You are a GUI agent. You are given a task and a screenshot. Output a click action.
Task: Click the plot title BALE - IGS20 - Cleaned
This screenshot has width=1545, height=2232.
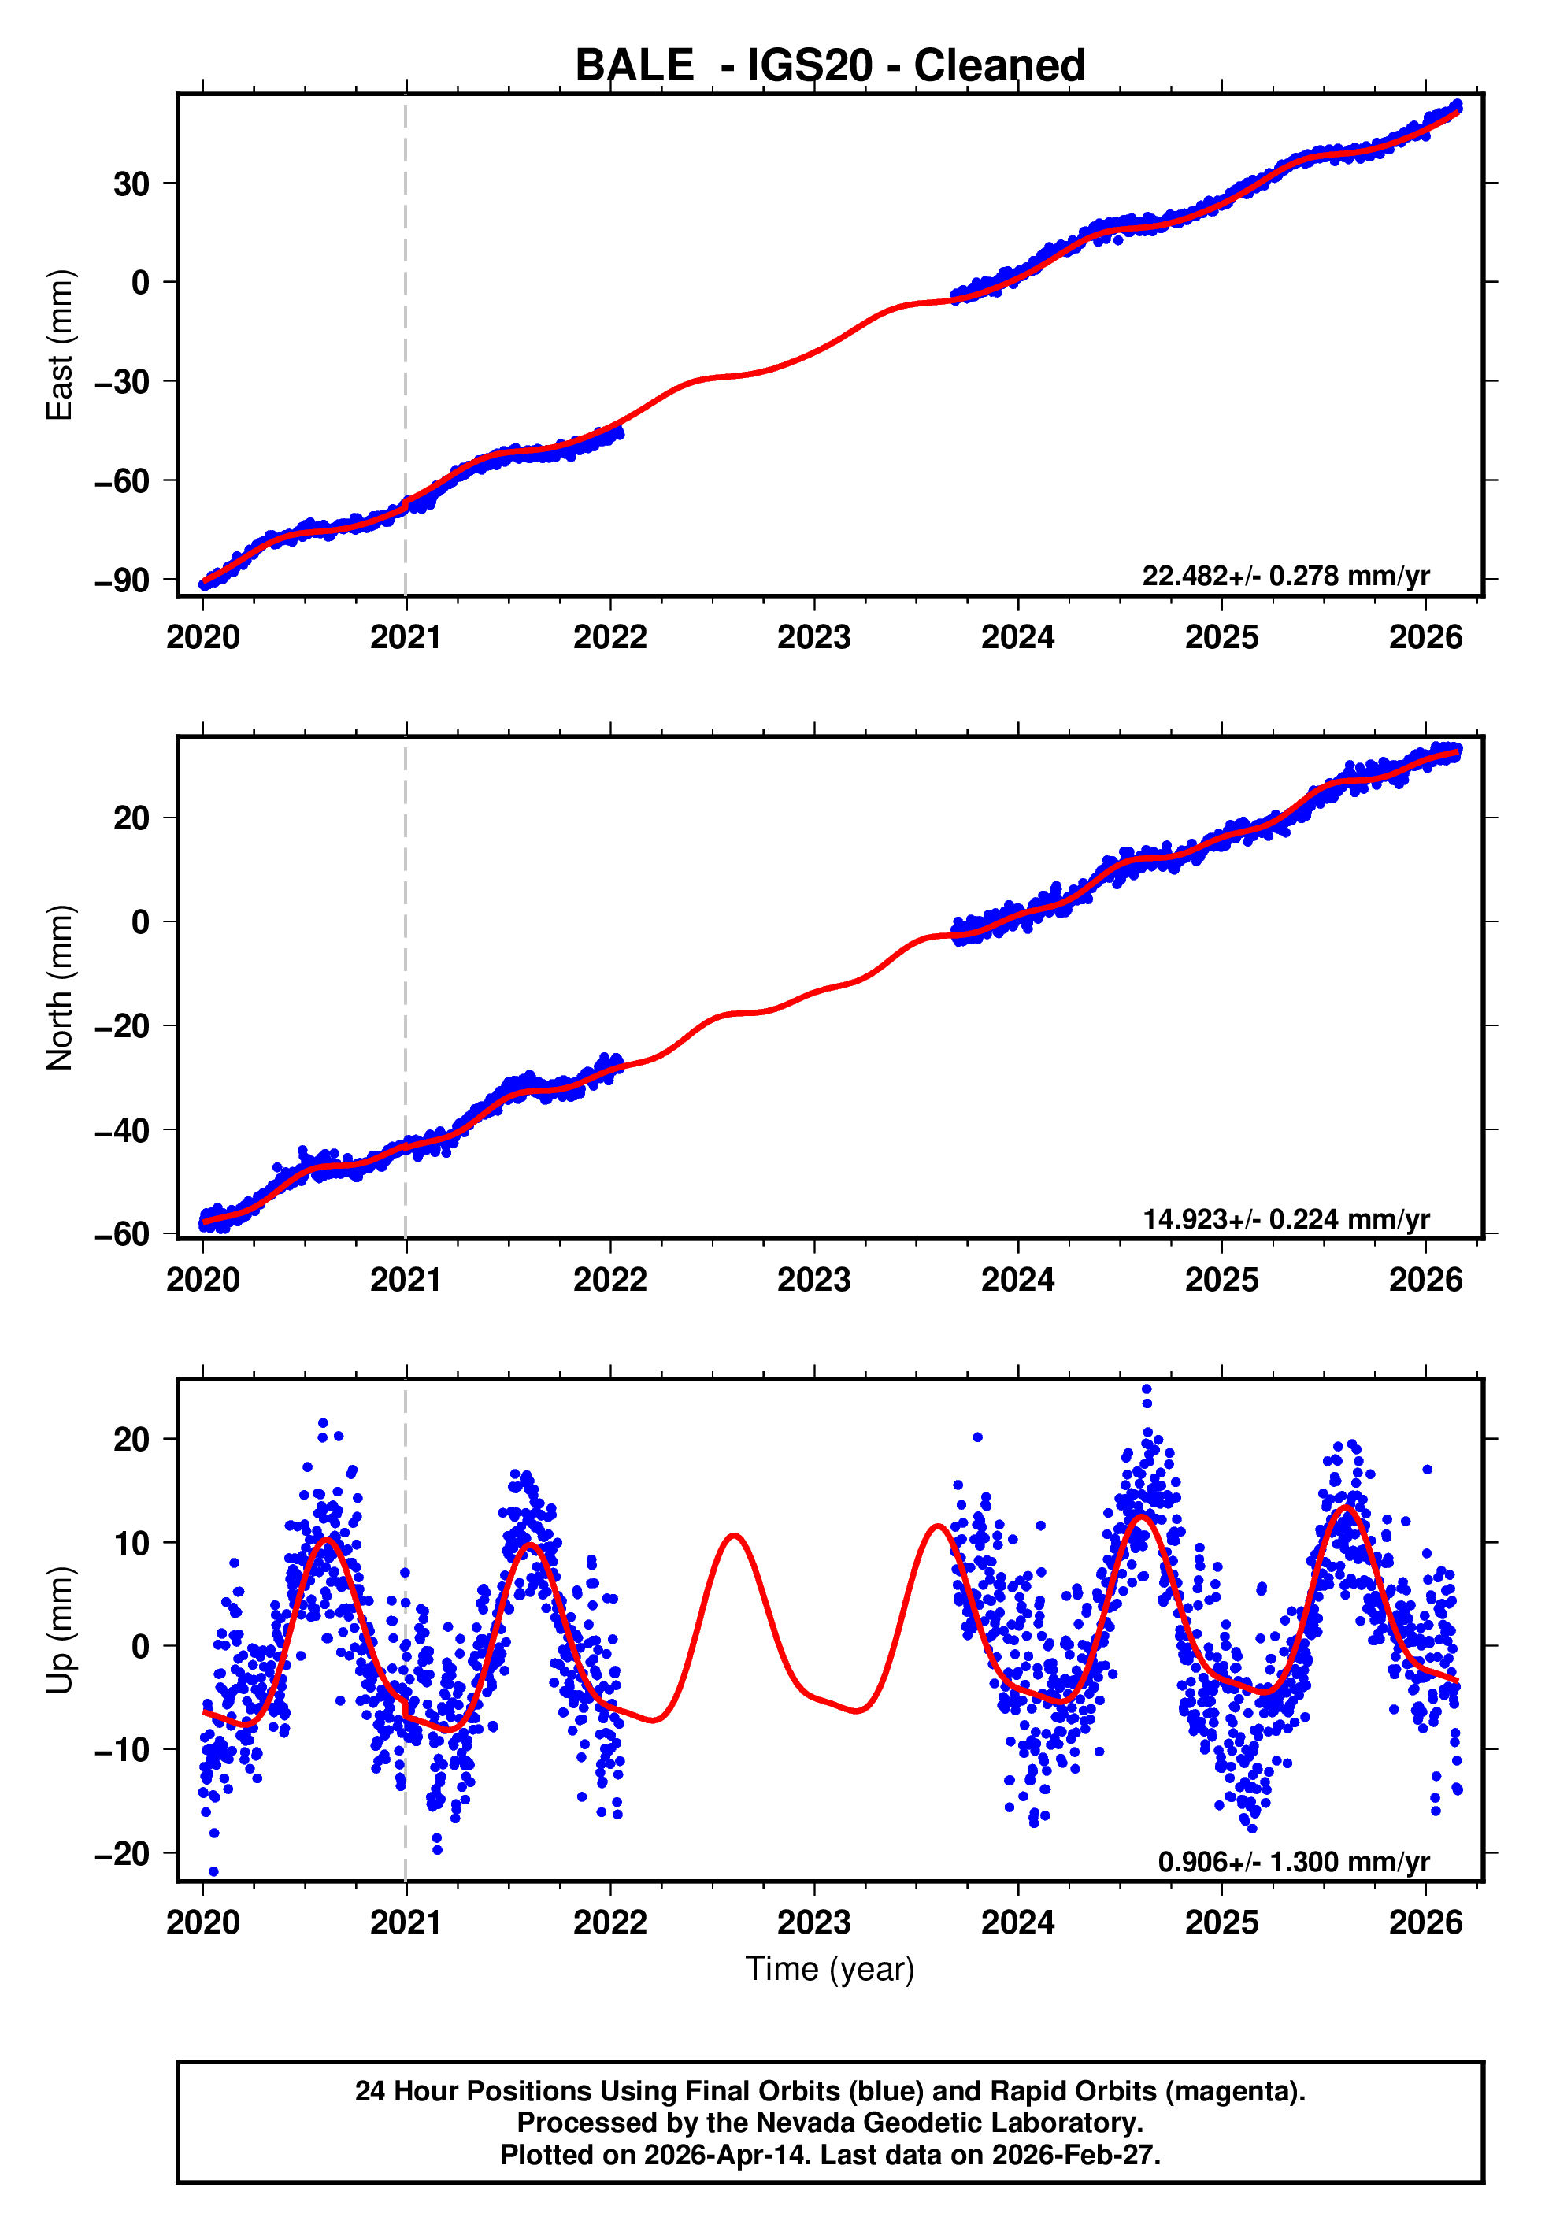point(830,66)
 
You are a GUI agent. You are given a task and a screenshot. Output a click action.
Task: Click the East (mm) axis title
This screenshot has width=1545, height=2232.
point(60,345)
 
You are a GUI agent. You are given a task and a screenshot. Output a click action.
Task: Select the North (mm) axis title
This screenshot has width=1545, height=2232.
point(60,988)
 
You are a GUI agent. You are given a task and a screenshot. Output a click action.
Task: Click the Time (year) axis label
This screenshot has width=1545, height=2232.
point(830,1969)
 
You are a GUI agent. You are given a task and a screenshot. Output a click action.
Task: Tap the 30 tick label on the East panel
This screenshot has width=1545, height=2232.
point(132,184)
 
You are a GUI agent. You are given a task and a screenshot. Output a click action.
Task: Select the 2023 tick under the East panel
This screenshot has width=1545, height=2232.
point(813,637)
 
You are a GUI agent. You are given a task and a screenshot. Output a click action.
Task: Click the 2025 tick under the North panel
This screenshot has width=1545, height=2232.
point(1221,1280)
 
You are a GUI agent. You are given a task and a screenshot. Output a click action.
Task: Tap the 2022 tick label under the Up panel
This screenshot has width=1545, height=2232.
point(609,1922)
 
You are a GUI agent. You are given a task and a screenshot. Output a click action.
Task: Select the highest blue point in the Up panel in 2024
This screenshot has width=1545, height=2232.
point(1147,1390)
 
